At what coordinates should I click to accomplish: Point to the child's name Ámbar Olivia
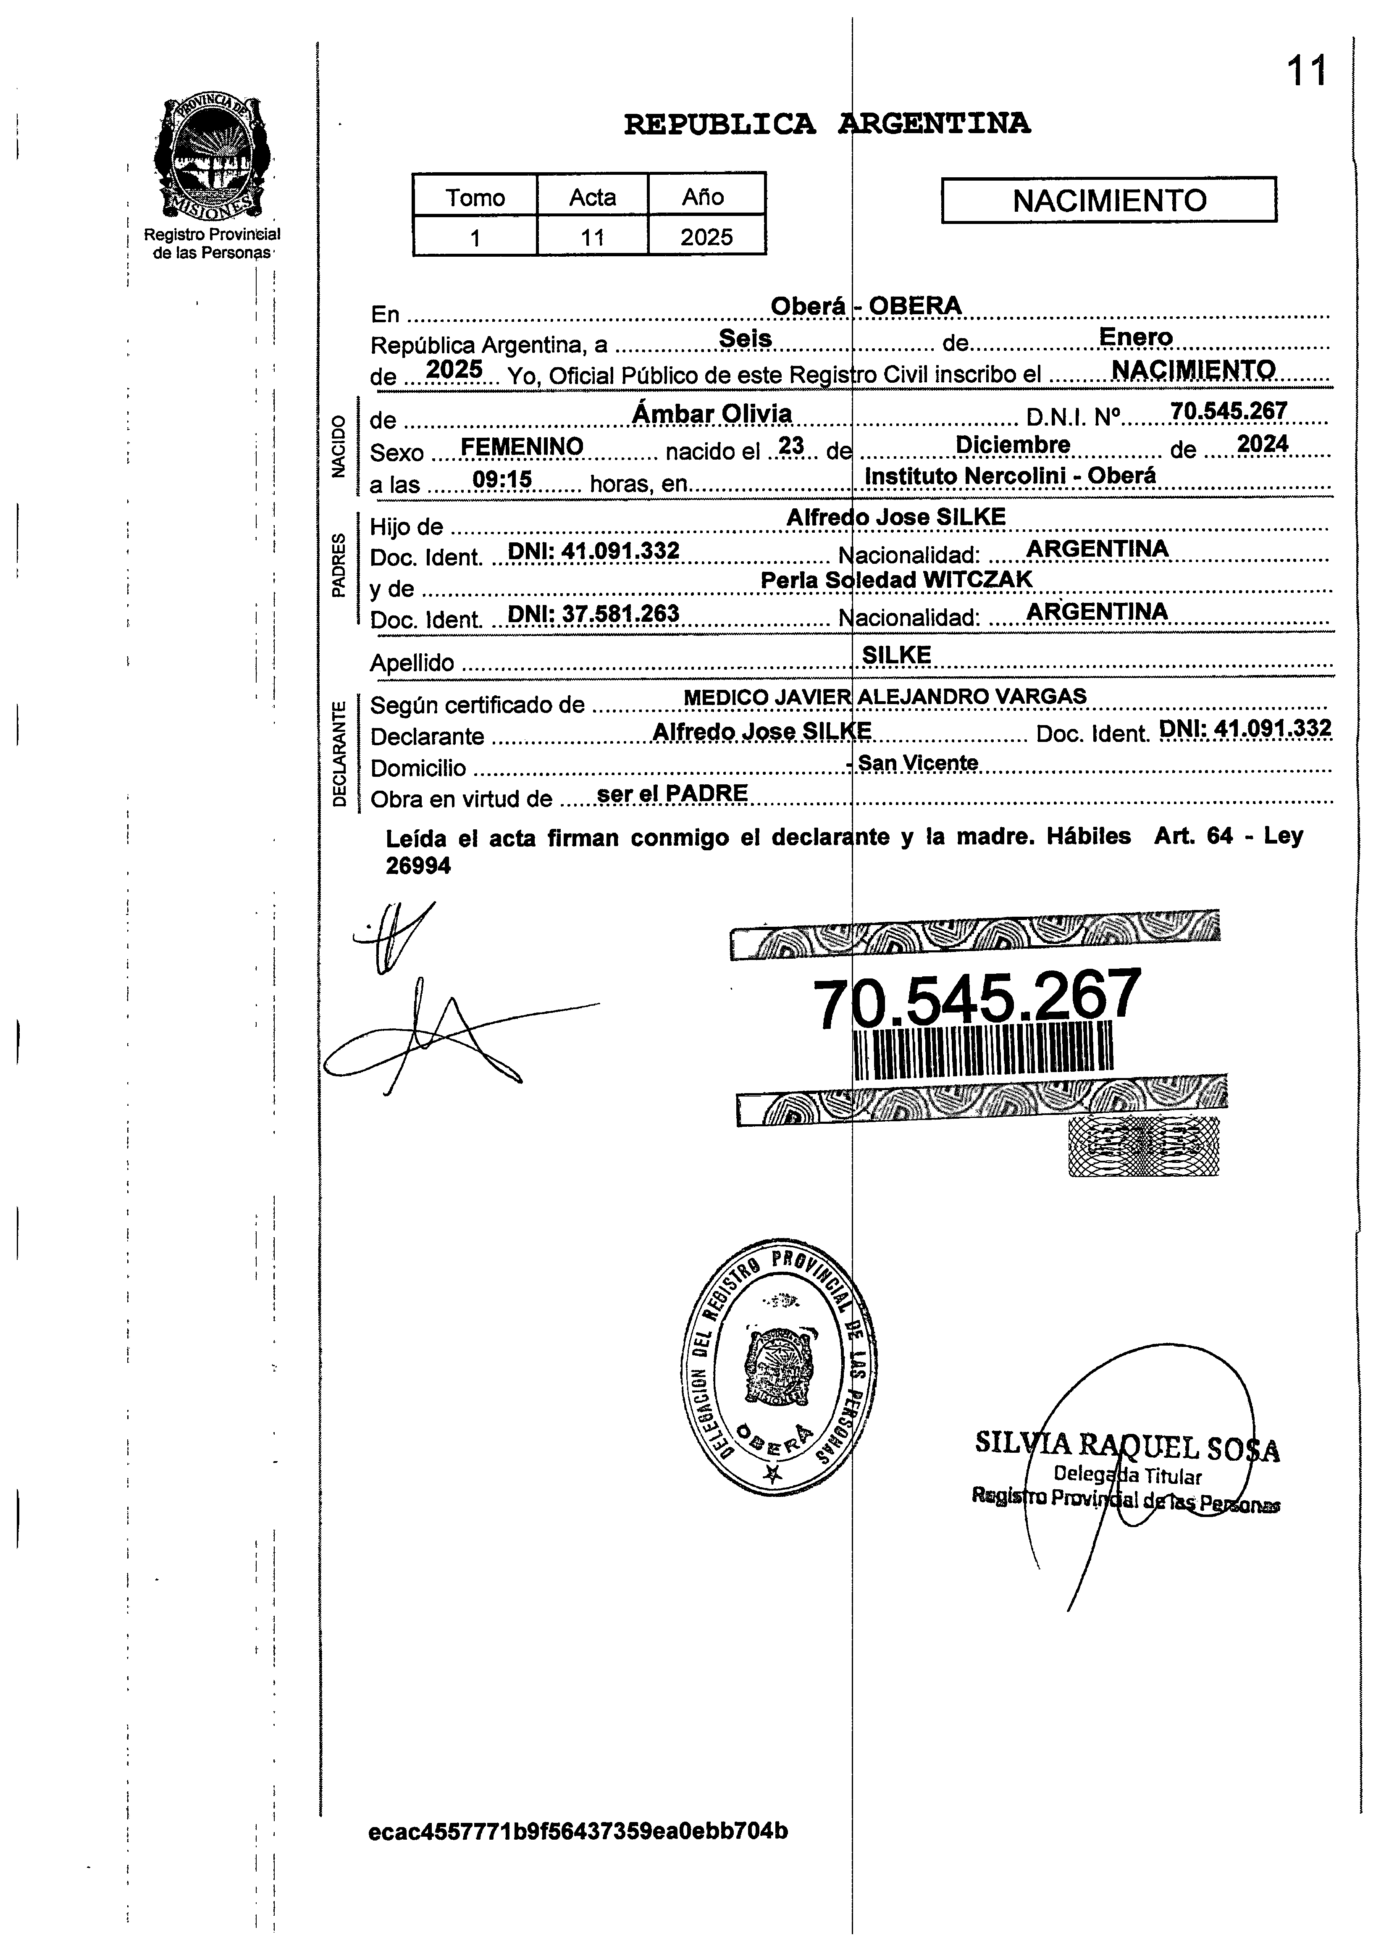712,414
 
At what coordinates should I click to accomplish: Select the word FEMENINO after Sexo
522,447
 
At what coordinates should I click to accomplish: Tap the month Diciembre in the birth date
1013,445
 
